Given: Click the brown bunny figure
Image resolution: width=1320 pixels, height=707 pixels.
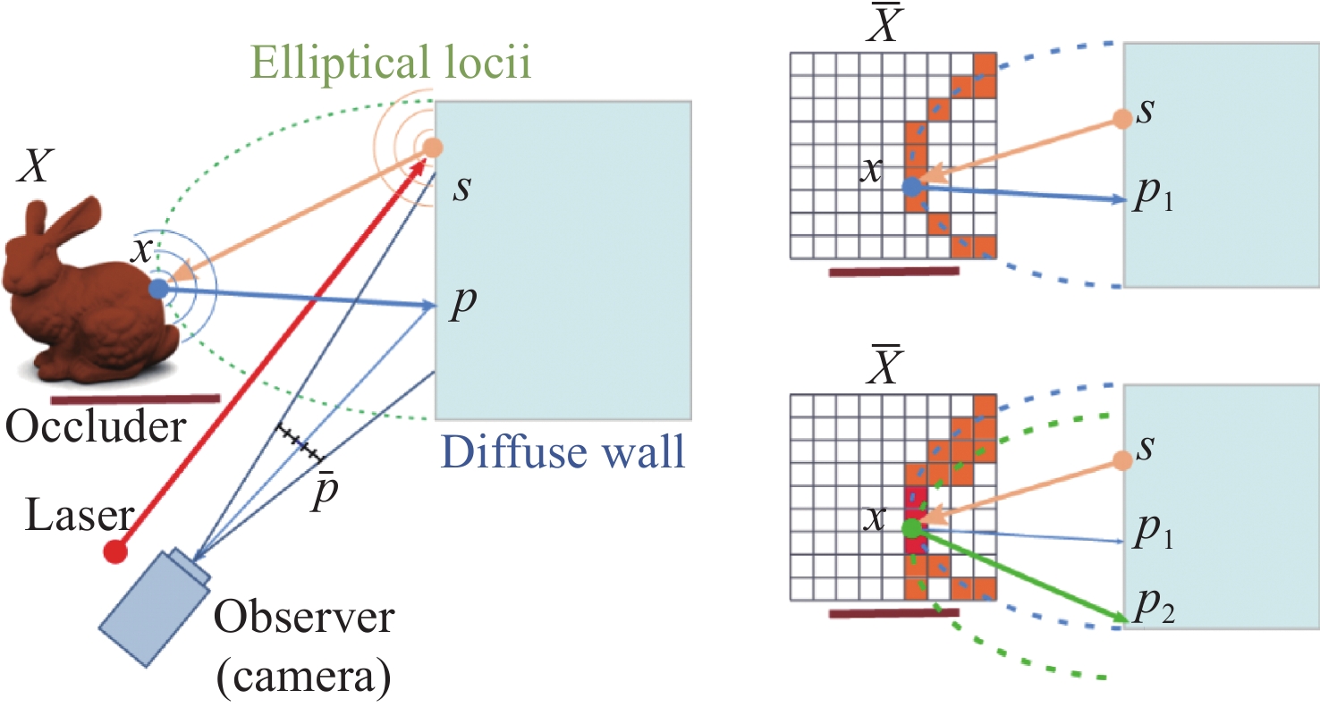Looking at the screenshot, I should pos(85,286).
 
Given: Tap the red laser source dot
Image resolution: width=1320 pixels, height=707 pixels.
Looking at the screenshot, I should pos(115,552).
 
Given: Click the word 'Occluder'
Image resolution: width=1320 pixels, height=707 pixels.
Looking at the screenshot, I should pos(95,429).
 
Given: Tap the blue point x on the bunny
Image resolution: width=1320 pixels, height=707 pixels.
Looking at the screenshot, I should pos(158,289).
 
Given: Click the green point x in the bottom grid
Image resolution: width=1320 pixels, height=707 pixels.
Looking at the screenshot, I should pos(911,528).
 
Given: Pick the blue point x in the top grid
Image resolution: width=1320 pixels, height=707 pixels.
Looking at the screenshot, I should pos(911,187).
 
